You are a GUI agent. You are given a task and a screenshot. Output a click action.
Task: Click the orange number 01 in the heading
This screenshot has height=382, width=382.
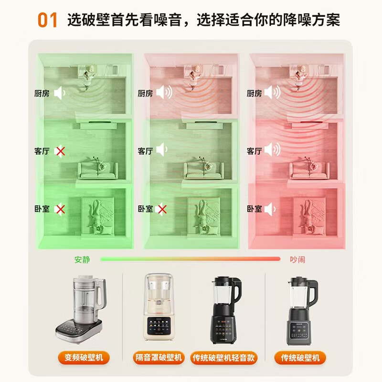47,20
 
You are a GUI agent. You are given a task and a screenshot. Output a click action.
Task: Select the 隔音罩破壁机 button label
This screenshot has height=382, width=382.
158,357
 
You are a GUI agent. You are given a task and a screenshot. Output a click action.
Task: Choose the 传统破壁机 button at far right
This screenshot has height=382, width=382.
300,357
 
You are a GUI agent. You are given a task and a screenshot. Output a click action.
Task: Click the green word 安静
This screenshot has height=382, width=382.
82,259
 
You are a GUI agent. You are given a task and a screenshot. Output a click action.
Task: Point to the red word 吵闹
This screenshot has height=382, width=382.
297,259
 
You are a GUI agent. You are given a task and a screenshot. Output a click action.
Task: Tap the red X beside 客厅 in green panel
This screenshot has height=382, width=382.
60,151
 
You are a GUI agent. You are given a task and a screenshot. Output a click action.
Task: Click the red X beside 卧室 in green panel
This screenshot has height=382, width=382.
60,209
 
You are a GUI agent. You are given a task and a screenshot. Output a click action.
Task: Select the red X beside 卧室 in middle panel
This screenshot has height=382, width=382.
162,209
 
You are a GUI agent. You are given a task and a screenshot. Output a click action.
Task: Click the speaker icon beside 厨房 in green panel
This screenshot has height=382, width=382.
60,93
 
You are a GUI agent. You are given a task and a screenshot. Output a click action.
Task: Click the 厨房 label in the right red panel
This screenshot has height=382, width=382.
254,94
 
